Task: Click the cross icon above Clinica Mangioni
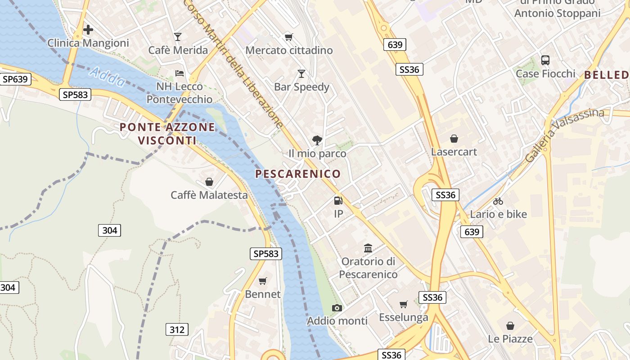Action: (x=88, y=30)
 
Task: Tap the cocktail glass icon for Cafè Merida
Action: (x=178, y=37)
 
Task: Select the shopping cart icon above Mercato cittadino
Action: (x=288, y=37)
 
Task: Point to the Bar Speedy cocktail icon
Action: (x=301, y=73)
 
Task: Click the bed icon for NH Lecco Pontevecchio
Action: (x=180, y=73)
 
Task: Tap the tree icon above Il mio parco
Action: (x=317, y=140)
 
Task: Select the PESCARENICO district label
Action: (x=298, y=174)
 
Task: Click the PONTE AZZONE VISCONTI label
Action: (x=167, y=134)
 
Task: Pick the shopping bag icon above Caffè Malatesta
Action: (x=209, y=182)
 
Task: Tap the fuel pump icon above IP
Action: (x=338, y=201)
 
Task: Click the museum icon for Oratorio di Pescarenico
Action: (x=368, y=248)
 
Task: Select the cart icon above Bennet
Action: (x=263, y=281)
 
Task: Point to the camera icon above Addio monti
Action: (x=337, y=308)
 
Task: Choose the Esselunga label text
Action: (x=403, y=317)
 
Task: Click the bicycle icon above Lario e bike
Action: (x=498, y=201)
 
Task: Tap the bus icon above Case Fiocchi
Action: (x=545, y=60)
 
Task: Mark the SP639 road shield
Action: (x=15, y=80)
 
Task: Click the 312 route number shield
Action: (x=177, y=329)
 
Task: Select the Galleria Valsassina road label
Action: (x=565, y=134)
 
